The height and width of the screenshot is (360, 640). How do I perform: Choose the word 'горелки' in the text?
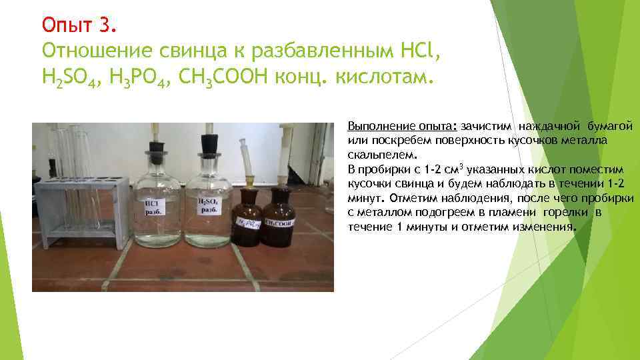pos(566,213)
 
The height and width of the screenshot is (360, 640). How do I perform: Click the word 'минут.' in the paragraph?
pos(366,199)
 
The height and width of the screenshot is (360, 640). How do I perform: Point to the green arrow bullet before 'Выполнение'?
pos(339,127)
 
